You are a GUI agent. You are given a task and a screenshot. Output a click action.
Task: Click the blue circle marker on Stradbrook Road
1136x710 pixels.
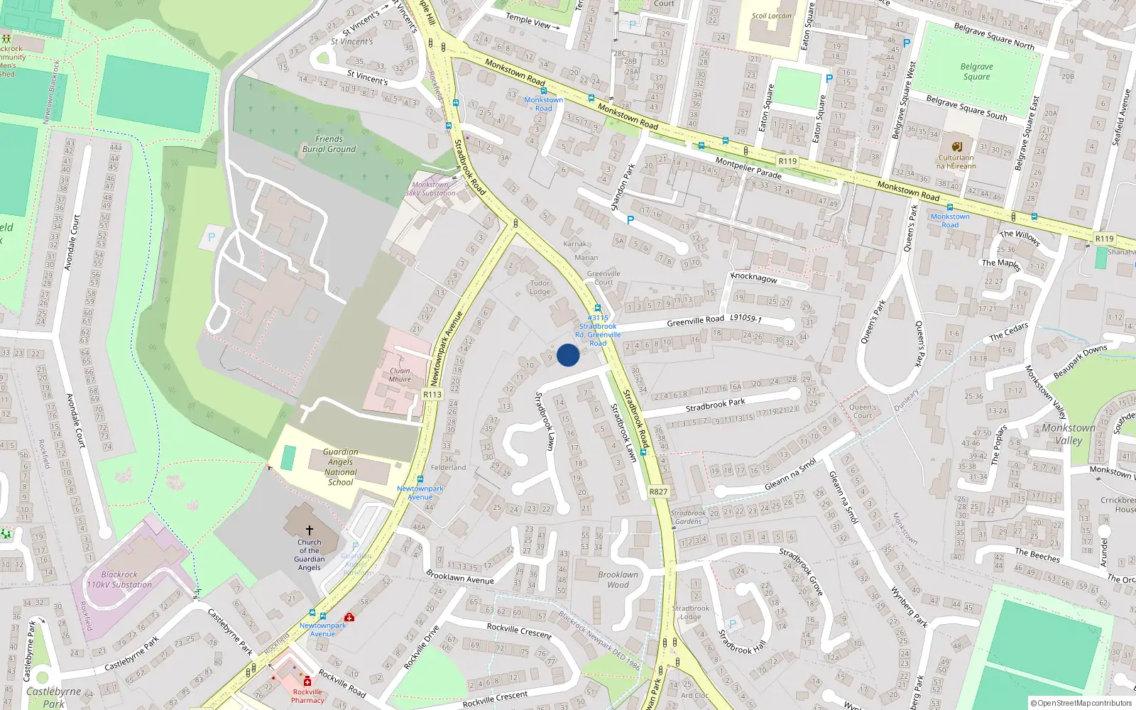pyautogui.click(x=568, y=355)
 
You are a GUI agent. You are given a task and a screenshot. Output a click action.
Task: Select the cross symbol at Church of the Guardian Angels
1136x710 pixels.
pyautogui.click(x=309, y=530)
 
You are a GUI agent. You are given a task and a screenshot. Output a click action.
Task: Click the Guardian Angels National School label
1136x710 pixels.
pyautogui.click(x=341, y=466)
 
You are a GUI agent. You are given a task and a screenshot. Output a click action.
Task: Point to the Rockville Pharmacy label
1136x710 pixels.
pyautogui.click(x=307, y=696)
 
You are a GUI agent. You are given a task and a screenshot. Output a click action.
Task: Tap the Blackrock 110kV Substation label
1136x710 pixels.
pyautogui.click(x=119, y=579)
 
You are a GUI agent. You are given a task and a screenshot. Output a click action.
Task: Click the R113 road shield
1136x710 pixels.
pyautogui.click(x=432, y=395)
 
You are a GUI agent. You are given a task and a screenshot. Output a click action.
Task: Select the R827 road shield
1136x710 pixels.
pyautogui.click(x=658, y=491)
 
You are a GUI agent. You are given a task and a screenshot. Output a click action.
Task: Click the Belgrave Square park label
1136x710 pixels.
pyautogui.click(x=976, y=72)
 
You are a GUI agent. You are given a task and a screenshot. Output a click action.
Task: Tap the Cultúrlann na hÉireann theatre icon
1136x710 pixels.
pyautogui.click(x=956, y=147)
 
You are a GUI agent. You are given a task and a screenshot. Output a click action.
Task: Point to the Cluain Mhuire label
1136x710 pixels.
pyautogui.click(x=400, y=375)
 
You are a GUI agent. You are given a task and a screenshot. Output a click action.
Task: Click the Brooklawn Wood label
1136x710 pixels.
pyautogui.click(x=618, y=579)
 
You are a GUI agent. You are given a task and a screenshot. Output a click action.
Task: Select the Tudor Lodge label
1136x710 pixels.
pyautogui.click(x=540, y=288)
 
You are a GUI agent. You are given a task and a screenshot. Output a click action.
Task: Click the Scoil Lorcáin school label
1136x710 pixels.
pyautogui.click(x=772, y=16)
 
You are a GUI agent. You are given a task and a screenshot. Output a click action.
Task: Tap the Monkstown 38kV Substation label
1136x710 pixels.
pyautogui.click(x=430, y=189)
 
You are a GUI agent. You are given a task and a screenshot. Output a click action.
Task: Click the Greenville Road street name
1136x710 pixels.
pyautogui.click(x=695, y=321)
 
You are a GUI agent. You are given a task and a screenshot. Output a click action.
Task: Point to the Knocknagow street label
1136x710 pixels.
pyautogui.click(x=754, y=278)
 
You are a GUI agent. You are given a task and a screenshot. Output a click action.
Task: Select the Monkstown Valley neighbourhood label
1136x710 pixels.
pyautogui.click(x=1069, y=434)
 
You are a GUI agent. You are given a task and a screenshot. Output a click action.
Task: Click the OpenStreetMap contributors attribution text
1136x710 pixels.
pyautogui.click(x=1081, y=703)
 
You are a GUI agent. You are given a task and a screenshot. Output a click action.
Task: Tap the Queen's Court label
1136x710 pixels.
pyautogui.click(x=863, y=411)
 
